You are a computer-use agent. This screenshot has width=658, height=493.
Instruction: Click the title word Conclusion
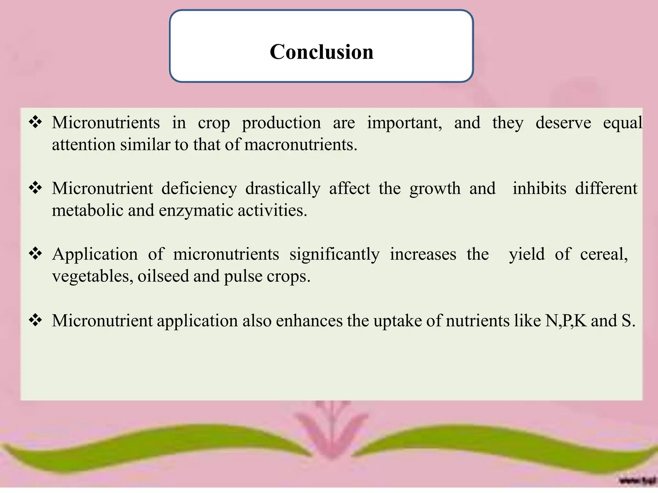tap(321, 52)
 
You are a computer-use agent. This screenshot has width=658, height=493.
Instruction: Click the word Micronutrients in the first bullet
tap(106, 123)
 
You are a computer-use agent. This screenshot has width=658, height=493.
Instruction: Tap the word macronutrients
tap(300, 145)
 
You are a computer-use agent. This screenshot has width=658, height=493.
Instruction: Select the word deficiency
tap(199, 189)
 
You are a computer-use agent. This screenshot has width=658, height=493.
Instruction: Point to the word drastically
tap(283, 189)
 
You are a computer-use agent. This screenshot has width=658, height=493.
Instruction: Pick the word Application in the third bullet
tap(95, 255)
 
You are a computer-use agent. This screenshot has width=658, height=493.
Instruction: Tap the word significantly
tap(334, 255)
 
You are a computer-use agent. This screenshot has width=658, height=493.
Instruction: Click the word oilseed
tap(163, 276)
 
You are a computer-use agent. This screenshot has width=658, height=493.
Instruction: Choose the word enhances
tap(309, 321)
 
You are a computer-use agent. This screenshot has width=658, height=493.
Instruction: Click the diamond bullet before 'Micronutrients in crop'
tap(35, 122)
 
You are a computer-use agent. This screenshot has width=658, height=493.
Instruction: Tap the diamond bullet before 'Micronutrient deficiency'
tap(35, 188)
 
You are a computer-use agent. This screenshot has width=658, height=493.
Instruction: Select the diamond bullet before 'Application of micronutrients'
tap(35, 254)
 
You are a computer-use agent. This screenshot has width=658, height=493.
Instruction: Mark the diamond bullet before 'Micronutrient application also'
tap(35, 320)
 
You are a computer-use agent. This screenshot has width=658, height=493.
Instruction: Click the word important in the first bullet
tap(405, 123)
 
